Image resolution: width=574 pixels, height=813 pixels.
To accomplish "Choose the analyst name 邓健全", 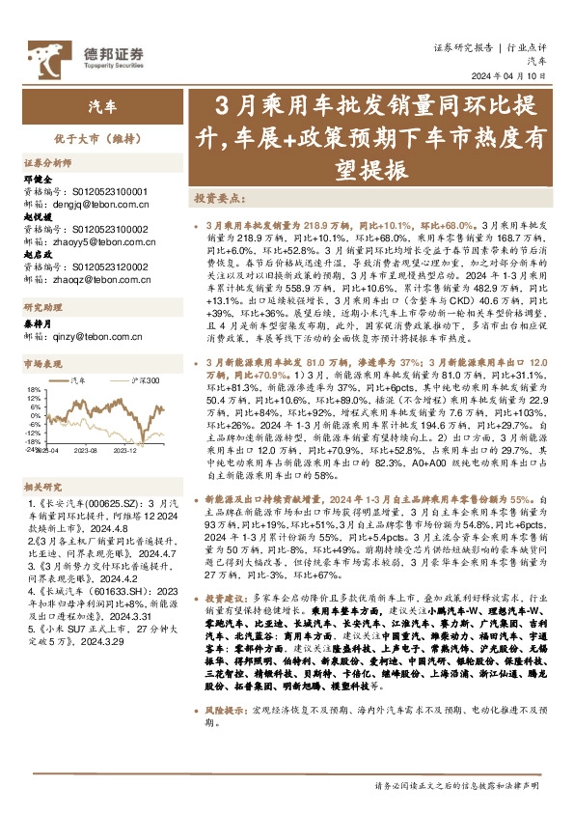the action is (x=38, y=179).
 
